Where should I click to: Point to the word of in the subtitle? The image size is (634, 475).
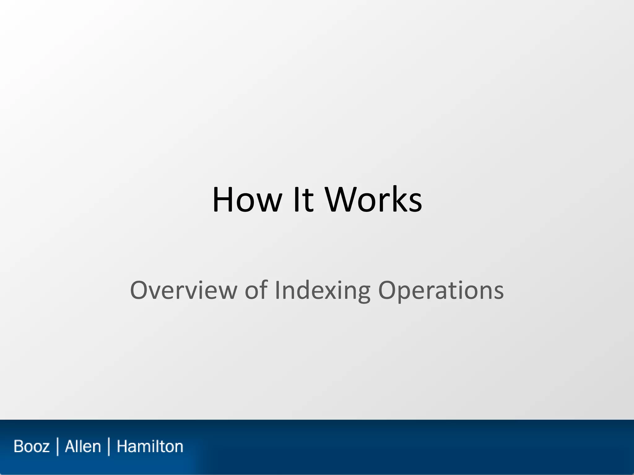[x=256, y=290]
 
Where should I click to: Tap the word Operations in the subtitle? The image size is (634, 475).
[x=441, y=290]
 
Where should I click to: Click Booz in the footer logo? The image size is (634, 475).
[x=32, y=447]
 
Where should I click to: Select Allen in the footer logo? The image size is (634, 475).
[x=83, y=447]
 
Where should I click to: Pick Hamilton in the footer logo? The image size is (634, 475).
[x=150, y=447]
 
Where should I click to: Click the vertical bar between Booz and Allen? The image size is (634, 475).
[x=58, y=447]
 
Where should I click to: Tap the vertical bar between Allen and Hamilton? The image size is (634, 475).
[x=109, y=447]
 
